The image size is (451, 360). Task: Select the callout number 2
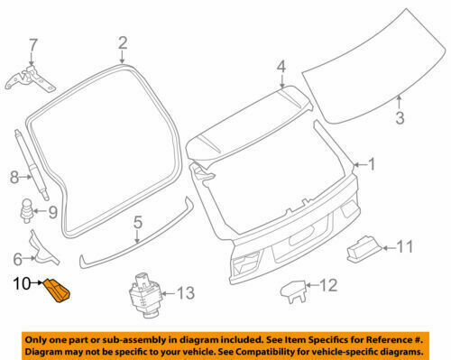[x=123, y=42]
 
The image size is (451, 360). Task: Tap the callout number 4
[x=281, y=66]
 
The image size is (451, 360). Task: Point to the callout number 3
[x=400, y=116]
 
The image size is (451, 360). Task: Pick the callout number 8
[x=13, y=179]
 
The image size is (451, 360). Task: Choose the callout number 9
[x=51, y=213]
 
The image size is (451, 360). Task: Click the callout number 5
[x=138, y=222]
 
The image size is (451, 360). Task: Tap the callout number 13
[x=184, y=291]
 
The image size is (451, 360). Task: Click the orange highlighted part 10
[x=59, y=290]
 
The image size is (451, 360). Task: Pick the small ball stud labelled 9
[x=28, y=215]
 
